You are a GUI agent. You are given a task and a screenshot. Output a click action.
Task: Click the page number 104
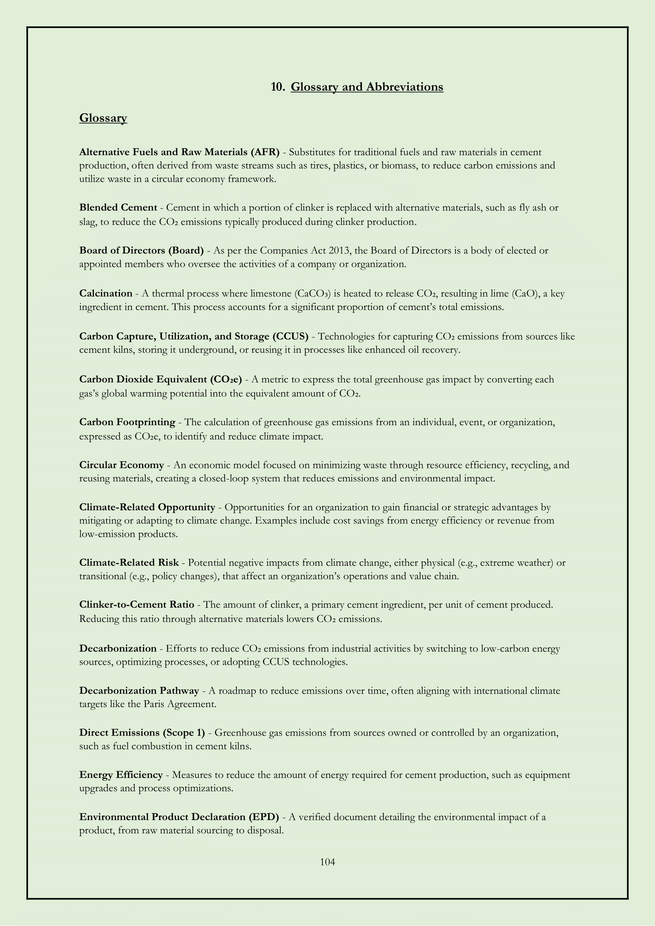327,862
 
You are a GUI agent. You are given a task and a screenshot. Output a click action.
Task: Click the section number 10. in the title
278,87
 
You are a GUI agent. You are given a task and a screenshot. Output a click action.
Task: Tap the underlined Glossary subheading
103,118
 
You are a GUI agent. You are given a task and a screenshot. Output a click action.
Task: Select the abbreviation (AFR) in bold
265,152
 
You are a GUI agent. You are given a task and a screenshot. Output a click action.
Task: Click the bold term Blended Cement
118,208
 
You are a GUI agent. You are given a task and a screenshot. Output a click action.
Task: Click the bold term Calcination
106,293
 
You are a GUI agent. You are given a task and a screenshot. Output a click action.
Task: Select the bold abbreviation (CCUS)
290,337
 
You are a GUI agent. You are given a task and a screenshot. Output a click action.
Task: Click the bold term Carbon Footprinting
127,422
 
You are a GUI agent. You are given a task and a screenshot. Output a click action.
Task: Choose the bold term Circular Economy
122,465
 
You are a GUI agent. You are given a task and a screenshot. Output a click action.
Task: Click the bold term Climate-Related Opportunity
147,507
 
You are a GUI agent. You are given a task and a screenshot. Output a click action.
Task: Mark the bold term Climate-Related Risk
129,563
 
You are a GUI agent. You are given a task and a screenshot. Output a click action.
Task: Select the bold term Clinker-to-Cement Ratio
136,605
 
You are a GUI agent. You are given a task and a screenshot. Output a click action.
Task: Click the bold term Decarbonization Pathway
139,691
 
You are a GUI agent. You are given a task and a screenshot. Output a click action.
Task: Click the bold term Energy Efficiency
121,775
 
